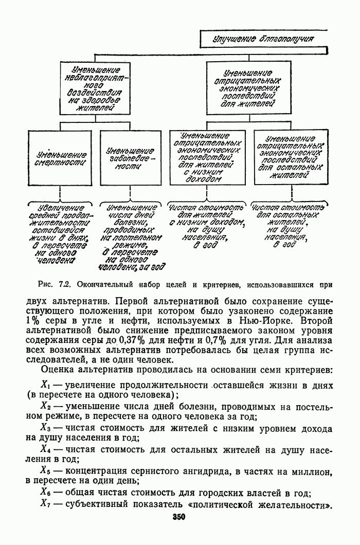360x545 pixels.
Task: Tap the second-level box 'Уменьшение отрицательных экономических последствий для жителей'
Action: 250,87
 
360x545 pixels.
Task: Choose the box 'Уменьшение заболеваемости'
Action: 130,156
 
